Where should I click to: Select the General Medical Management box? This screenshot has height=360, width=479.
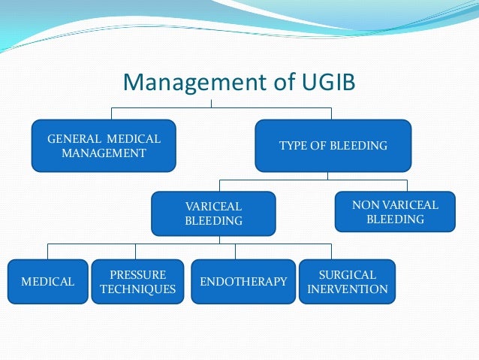click(104, 145)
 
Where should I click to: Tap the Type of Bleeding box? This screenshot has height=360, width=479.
click(333, 145)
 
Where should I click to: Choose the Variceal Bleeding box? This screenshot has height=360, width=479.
click(213, 213)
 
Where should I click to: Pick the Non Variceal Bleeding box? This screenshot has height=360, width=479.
click(395, 212)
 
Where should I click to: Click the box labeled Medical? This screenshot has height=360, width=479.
click(47, 282)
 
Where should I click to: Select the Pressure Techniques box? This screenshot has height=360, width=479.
click(137, 282)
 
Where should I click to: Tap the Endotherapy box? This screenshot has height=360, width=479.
click(243, 282)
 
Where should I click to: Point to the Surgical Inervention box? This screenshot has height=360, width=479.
click(348, 282)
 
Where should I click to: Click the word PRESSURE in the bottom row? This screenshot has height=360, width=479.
click(137, 274)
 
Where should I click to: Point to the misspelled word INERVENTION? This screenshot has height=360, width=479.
click(348, 289)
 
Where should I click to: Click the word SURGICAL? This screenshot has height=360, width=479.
click(348, 274)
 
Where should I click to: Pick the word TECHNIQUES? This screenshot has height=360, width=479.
click(137, 289)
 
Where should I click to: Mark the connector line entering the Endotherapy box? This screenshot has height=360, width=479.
click(235, 252)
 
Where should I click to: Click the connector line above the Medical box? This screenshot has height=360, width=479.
click(48, 252)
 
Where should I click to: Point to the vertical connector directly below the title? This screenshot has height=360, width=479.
click(212, 102)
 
